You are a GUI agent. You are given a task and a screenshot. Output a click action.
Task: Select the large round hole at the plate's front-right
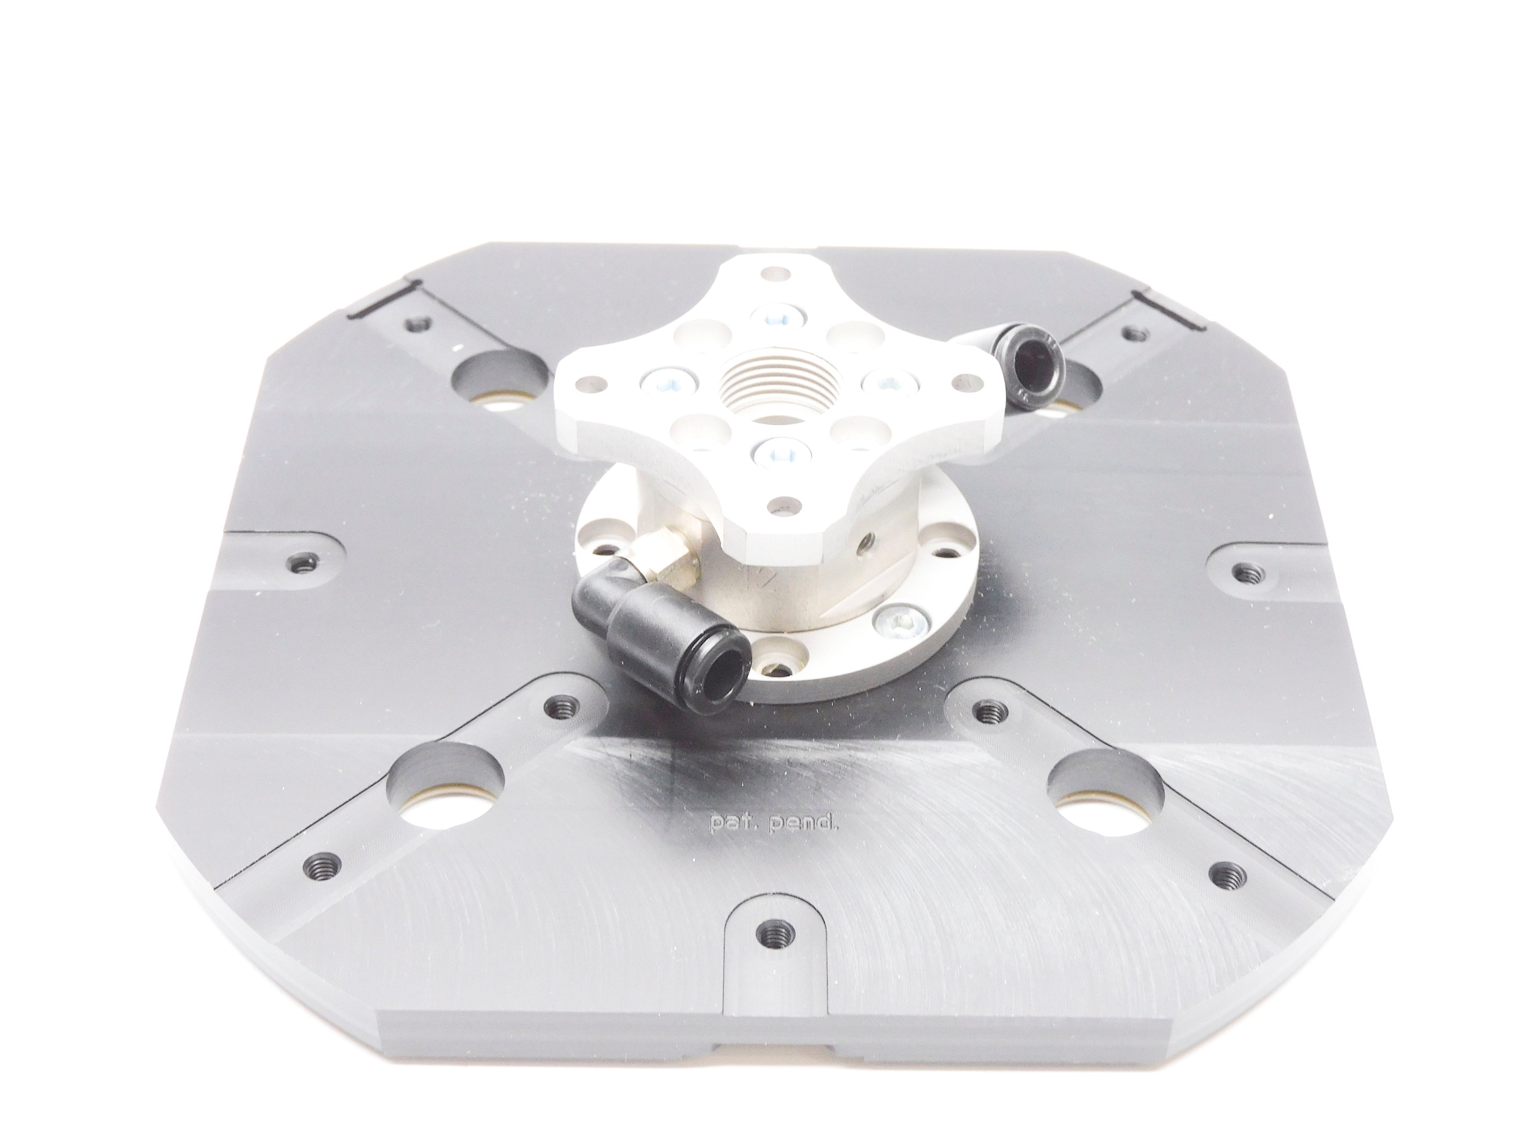pyautogui.click(x=1107, y=790)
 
